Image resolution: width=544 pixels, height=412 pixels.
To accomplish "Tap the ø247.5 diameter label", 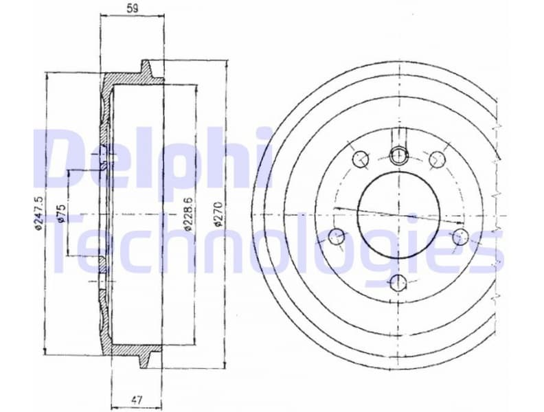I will pos(39,214).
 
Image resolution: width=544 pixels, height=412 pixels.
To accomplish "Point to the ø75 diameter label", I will pos(60,214).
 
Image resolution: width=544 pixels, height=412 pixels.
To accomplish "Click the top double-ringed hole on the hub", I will pos(398,155).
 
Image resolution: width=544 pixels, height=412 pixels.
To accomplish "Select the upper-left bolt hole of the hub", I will pos(361,159).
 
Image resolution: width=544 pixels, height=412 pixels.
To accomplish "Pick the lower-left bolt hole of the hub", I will pos(337,238).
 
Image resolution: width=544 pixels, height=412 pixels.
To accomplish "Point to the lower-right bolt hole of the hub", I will pos(461,237).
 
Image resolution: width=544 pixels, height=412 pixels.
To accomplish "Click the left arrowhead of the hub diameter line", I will pos(337,207).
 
